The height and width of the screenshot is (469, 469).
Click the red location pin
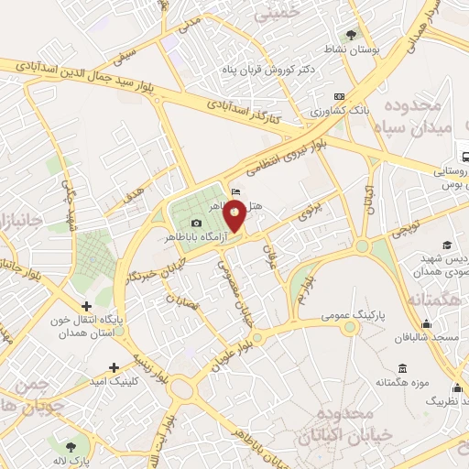coord(236,216)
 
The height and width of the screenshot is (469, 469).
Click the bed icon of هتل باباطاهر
coord(236,192)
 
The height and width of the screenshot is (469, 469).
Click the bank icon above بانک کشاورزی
coord(340,96)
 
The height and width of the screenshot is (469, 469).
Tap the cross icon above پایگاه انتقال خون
coord(86,307)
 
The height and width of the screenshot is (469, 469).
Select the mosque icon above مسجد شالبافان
coord(426,323)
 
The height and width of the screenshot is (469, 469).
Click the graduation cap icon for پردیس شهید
coord(447,245)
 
